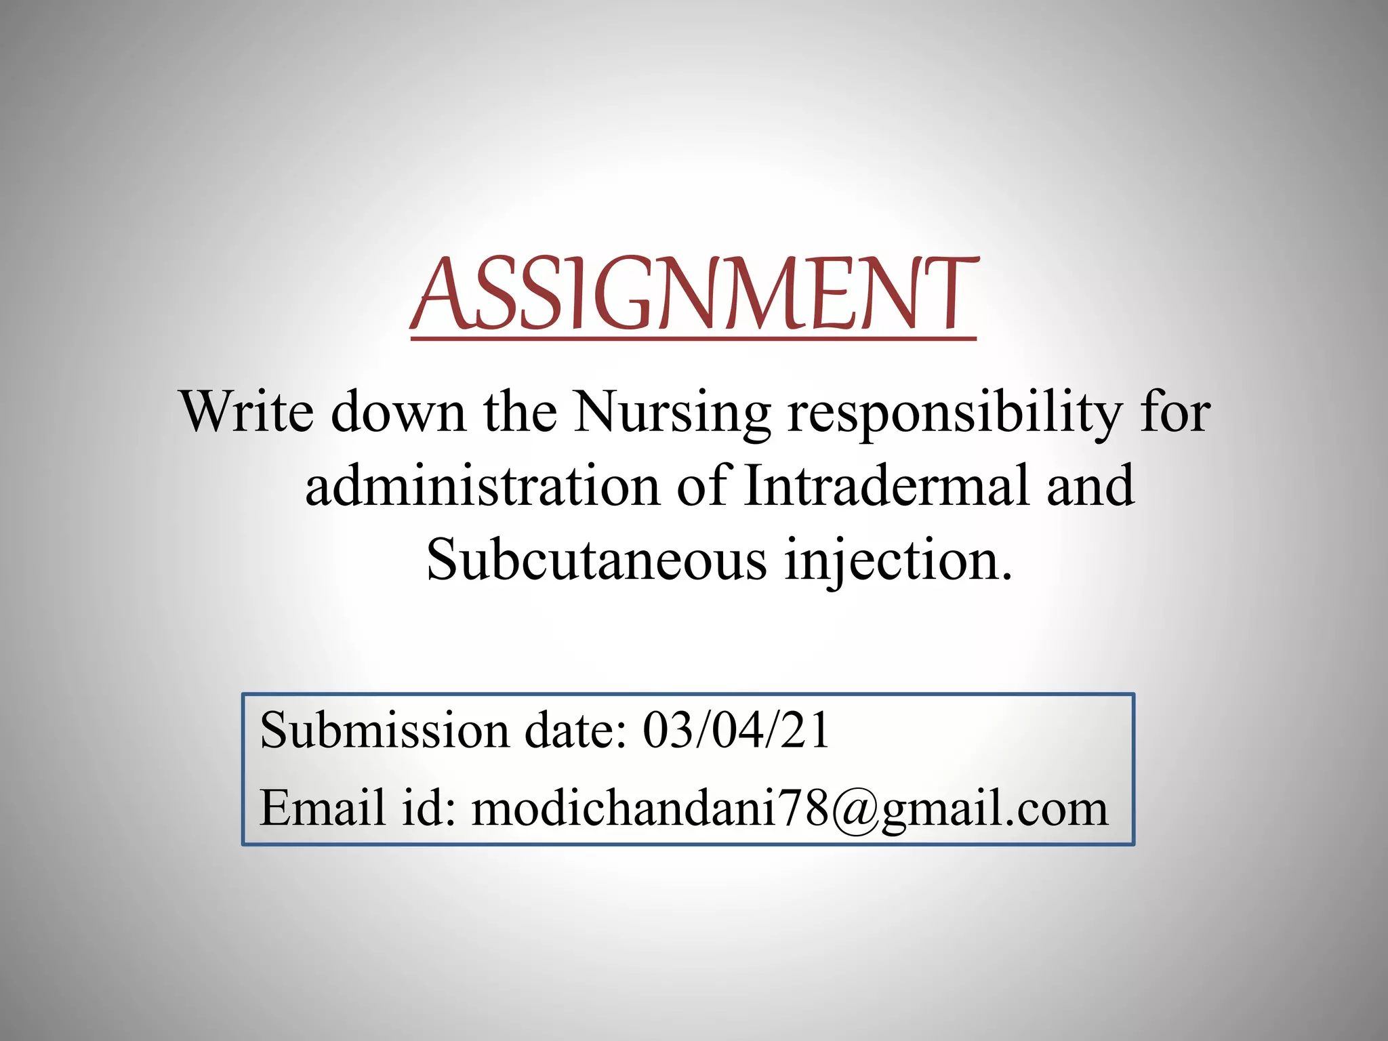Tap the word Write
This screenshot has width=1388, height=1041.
(247, 411)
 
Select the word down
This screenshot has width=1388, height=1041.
(399, 411)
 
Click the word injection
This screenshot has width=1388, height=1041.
(898, 561)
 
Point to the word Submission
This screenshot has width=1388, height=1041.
(384, 731)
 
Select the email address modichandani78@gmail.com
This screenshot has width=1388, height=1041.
(790, 809)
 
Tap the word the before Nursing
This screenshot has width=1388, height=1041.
(520, 411)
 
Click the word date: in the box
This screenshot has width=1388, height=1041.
(576, 731)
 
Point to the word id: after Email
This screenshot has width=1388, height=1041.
(428, 808)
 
